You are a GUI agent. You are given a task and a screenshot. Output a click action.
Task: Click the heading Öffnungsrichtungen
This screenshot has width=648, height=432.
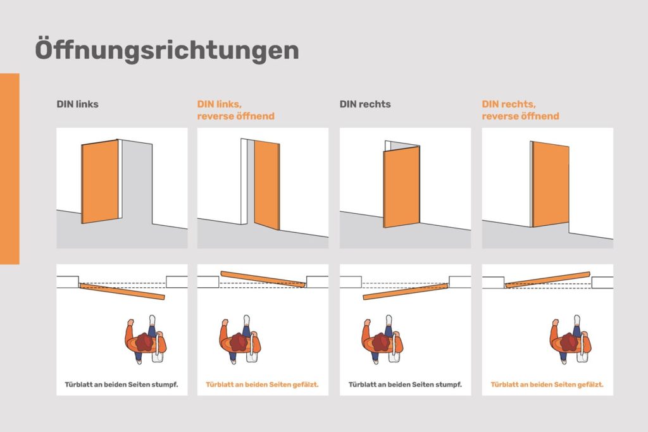(x=167, y=50)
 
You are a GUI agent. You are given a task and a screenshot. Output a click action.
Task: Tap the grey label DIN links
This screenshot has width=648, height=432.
(x=77, y=104)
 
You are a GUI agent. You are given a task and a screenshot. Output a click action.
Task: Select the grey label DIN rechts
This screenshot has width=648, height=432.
(x=365, y=104)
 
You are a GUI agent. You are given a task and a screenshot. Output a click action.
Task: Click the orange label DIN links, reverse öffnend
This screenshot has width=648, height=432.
(x=235, y=110)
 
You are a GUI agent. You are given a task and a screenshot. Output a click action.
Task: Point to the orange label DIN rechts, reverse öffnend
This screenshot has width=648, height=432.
(x=520, y=110)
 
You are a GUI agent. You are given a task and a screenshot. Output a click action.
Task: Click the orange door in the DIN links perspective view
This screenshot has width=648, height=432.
(x=100, y=182)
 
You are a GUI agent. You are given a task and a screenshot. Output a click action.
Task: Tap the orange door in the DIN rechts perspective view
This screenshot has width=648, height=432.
(x=401, y=186)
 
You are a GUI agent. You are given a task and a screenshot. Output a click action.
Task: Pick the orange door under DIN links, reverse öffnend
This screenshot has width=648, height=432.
(x=266, y=185)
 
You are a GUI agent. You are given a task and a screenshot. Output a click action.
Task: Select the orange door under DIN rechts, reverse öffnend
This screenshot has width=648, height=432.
(x=550, y=184)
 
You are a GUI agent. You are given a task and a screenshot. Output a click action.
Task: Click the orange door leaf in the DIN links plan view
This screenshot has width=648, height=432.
(x=122, y=291)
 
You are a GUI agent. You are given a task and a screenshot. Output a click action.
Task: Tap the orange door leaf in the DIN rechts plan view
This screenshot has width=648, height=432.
(x=406, y=291)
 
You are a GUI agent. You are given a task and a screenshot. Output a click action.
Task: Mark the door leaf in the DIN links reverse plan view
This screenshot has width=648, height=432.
(x=263, y=279)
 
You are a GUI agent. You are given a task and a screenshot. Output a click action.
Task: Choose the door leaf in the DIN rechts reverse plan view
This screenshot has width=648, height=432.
(x=548, y=279)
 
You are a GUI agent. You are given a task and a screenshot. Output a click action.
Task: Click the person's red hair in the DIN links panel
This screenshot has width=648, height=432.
(x=144, y=342)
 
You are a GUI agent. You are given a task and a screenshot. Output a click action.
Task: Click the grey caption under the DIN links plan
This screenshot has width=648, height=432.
(x=121, y=385)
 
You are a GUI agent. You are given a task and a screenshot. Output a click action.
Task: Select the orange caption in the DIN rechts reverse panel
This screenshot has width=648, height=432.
(x=547, y=385)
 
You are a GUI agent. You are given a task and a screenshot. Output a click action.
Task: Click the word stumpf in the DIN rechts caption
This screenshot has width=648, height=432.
(x=449, y=385)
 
